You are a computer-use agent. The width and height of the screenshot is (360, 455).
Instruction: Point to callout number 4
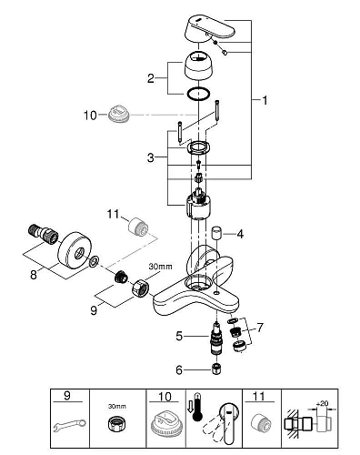(241, 234)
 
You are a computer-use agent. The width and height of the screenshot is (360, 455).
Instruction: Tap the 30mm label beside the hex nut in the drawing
(159, 266)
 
